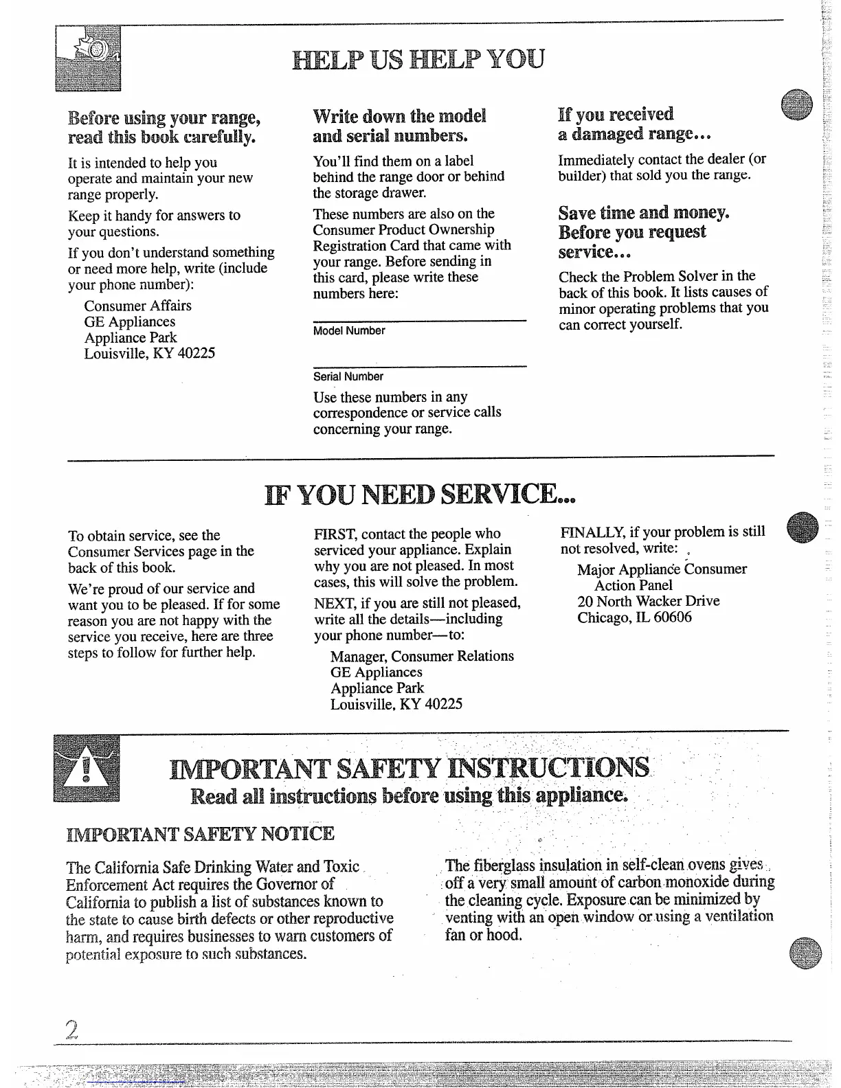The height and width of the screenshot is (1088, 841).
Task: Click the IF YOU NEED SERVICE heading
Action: (x=419, y=494)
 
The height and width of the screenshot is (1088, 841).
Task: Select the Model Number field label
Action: (x=348, y=331)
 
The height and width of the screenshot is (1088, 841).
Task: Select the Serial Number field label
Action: (x=348, y=376)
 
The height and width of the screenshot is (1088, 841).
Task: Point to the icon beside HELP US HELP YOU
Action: (x=88, y=58)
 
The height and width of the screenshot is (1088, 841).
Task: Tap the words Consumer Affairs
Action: (x=137, y=306)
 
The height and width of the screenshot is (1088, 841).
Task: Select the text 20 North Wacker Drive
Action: (x=648, y=601)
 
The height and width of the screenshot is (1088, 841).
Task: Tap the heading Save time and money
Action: (x=643, y=213)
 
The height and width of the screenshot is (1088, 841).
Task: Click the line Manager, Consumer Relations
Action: (x=422, y=656)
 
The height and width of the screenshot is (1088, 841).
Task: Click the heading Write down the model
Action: (x=399, y=115)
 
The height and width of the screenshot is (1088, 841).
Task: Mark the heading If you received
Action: (x=616, y=114)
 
